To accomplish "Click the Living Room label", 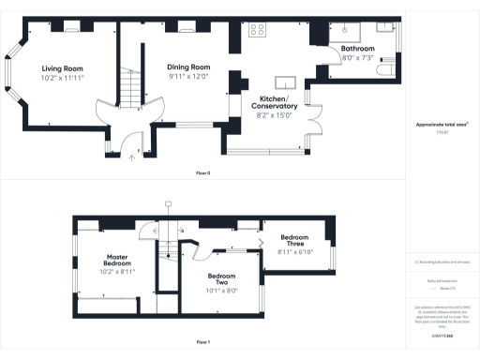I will click(x=64, y=67).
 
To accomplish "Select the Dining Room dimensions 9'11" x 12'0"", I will click(x=188, y=77).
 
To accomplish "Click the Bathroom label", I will click(x=357, y=48).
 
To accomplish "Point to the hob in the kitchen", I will click(x=256, y=29).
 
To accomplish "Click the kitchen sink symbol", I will click(x=285, y=82).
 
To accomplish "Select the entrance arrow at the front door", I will click(x=132, y=157).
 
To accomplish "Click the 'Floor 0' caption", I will click(x=202, y=173).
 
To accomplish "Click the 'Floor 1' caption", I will click(x=202, y=342).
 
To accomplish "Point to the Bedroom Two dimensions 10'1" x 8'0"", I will click(x=222, y=290).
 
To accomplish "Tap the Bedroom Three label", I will click(x=295, y=238).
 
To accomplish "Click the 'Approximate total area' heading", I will click(x=442, y=125).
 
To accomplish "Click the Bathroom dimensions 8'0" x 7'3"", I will click(x=357, y=57).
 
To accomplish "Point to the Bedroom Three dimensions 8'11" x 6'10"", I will click(x=295, y=251).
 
